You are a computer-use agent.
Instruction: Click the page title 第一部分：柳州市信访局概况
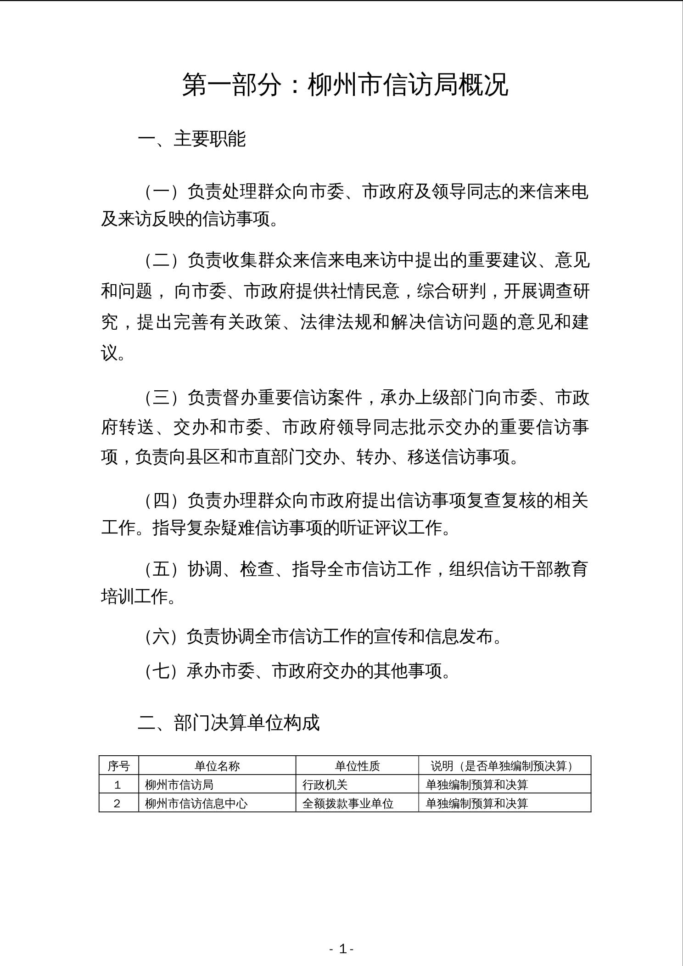[x=345, y=84]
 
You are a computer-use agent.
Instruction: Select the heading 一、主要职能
[x=192, y=139]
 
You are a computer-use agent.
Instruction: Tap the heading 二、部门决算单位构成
[x=228, y=723]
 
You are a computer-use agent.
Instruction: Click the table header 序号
[x=119, y=766]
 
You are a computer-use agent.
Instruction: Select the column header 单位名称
[x=217, y=766]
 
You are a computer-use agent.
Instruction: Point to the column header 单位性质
[x=357, y=766]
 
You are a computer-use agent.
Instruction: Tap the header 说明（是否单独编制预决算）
[x=504, y=766]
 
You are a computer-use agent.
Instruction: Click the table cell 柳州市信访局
[x=179, y=785]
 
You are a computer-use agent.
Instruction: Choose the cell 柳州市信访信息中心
[x=196, y=803]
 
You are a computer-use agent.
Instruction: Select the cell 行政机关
[x=325, y=785]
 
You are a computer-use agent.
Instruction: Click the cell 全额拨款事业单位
[x=348, y=803]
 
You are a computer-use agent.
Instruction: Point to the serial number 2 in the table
[x=118, y=803]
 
